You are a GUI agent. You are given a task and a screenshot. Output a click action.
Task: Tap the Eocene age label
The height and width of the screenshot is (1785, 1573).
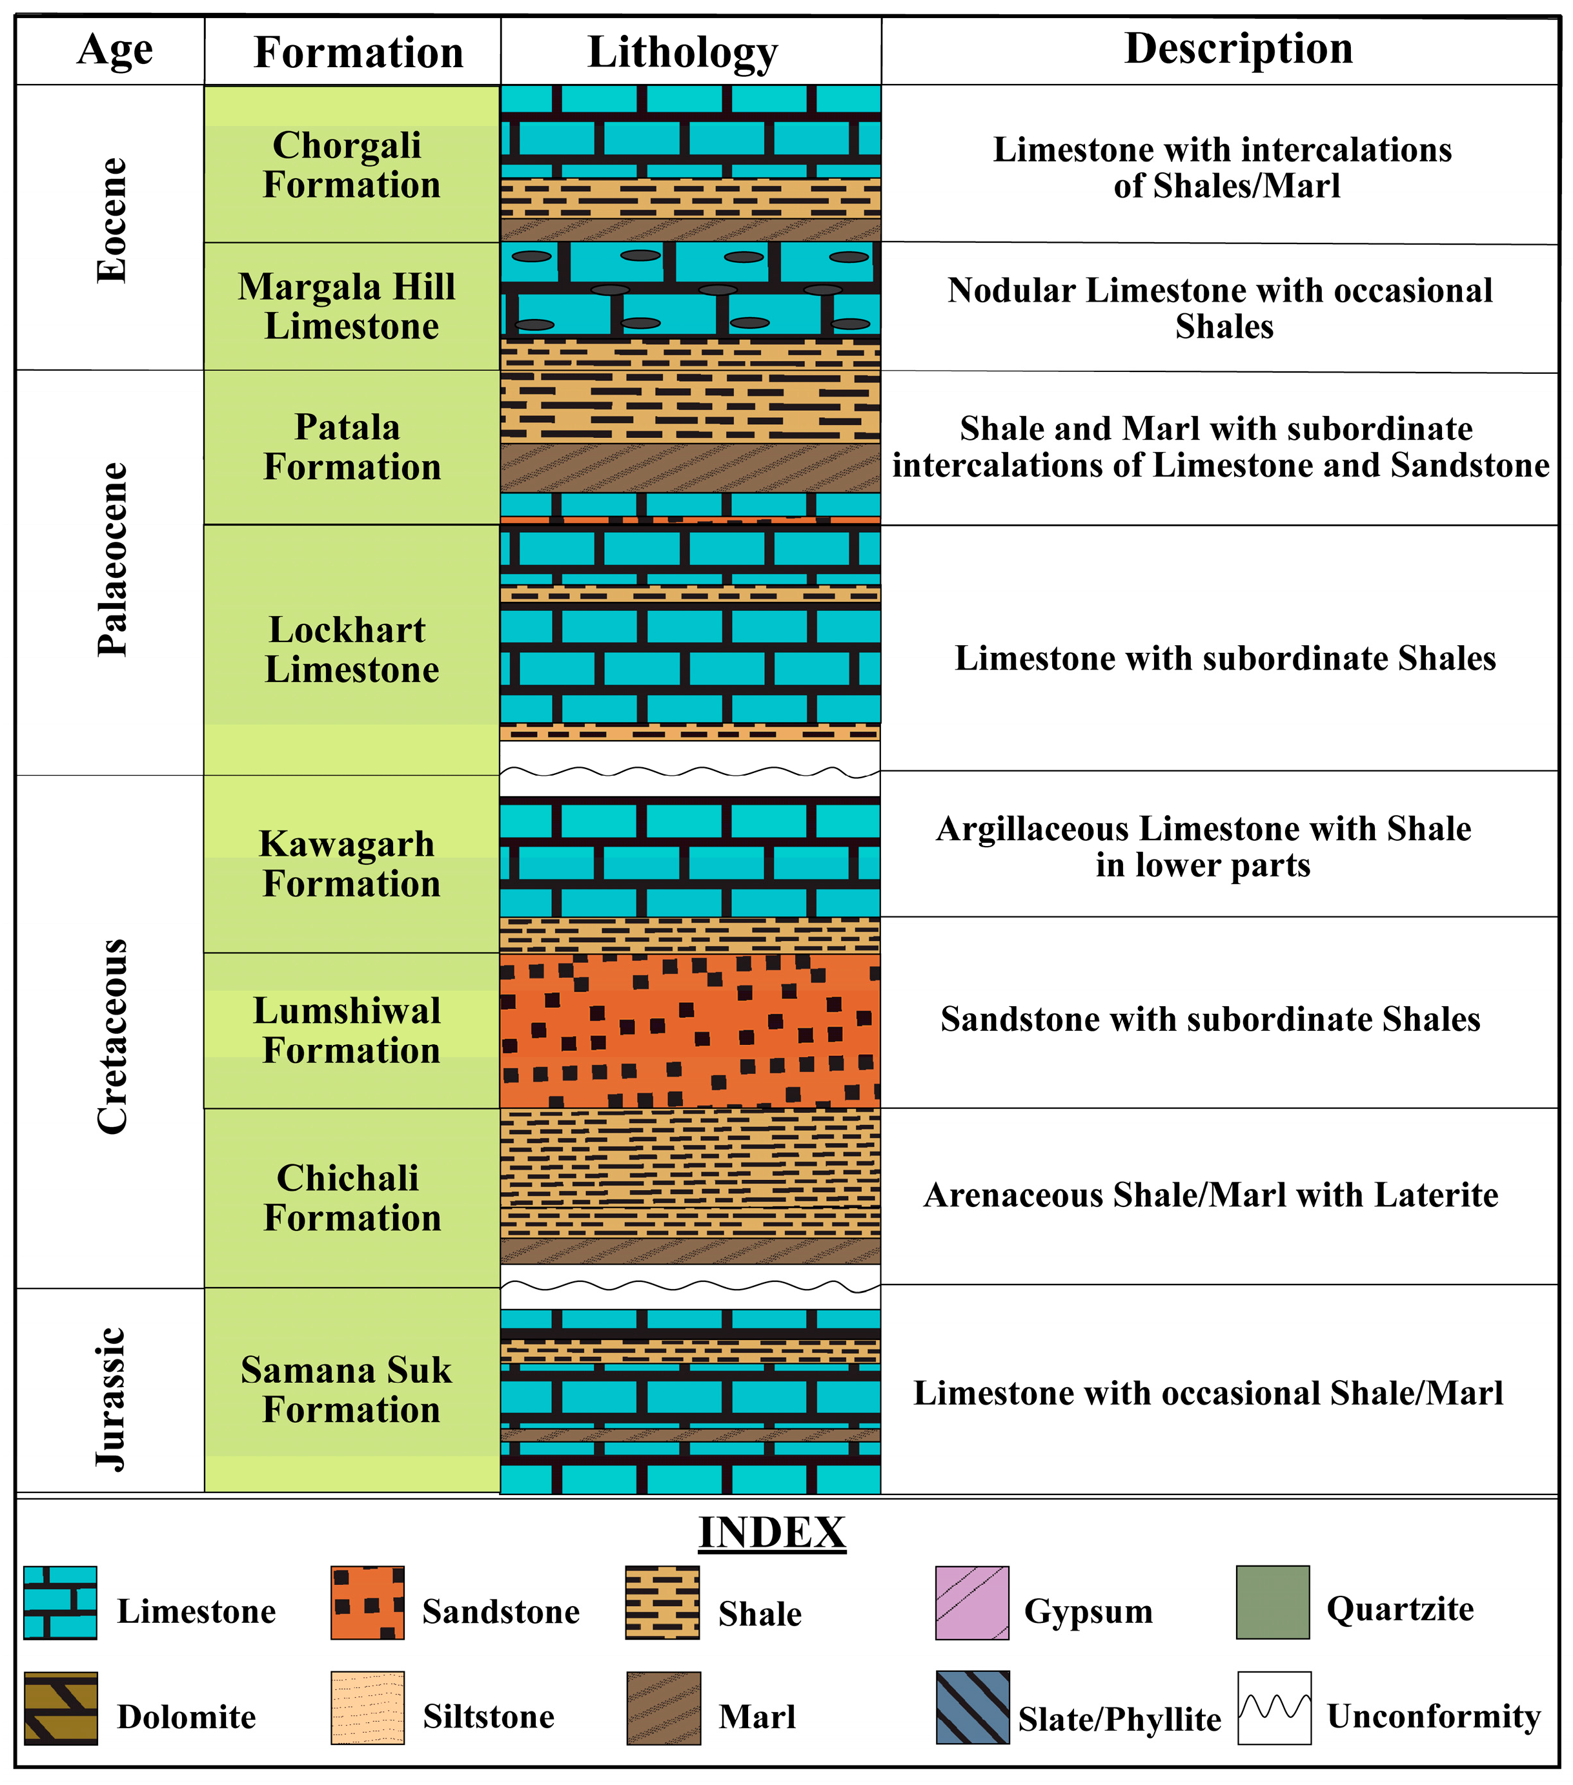(x=112, y=220)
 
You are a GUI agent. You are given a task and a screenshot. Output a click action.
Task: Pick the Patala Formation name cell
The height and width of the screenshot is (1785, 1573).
(x=351, y=447)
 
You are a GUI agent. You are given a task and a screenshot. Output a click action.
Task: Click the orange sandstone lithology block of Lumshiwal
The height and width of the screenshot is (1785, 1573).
(x=689, y=1031)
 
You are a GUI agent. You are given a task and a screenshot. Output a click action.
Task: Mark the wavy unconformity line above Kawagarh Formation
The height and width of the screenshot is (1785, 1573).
(x=689, y=771)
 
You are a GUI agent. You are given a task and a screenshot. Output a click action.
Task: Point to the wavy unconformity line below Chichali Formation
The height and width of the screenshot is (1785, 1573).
(x=689, y=1286)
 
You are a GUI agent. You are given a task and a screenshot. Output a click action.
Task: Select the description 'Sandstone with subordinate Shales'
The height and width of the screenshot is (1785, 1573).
(x=1210, y=1019)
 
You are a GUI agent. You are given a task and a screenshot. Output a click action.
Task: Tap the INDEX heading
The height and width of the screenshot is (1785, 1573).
(x=772, y=1534)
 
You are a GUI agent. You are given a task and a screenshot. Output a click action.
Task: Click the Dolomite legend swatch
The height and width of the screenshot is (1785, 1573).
(x=60, y=1708)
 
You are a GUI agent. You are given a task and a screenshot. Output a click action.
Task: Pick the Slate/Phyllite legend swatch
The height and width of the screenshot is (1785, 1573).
(x=973, y=1708)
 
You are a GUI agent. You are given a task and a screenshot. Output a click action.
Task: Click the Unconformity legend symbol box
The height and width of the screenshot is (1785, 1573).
(x=1274, y=1708)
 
